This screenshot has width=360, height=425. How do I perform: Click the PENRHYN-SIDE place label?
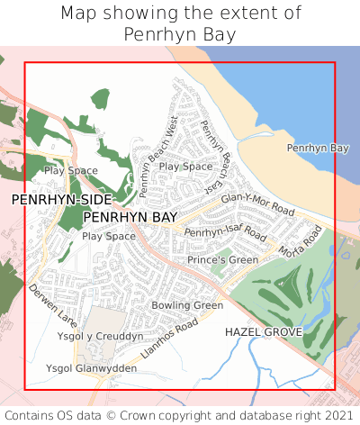click(x=62, y=199)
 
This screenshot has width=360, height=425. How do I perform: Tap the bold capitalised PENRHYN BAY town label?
click(x=130, y=218)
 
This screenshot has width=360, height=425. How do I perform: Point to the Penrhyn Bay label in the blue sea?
click(x=317, y=148)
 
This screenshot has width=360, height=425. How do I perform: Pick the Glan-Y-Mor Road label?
click(x=257, y=203)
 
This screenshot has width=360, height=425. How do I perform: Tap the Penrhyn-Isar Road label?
click(x=226, y=233)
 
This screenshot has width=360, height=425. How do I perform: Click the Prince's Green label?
click(x=222, y=260)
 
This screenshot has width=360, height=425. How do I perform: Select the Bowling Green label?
click(x=186, y=306)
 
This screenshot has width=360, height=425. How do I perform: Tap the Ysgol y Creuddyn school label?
click(x=100, y=336)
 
